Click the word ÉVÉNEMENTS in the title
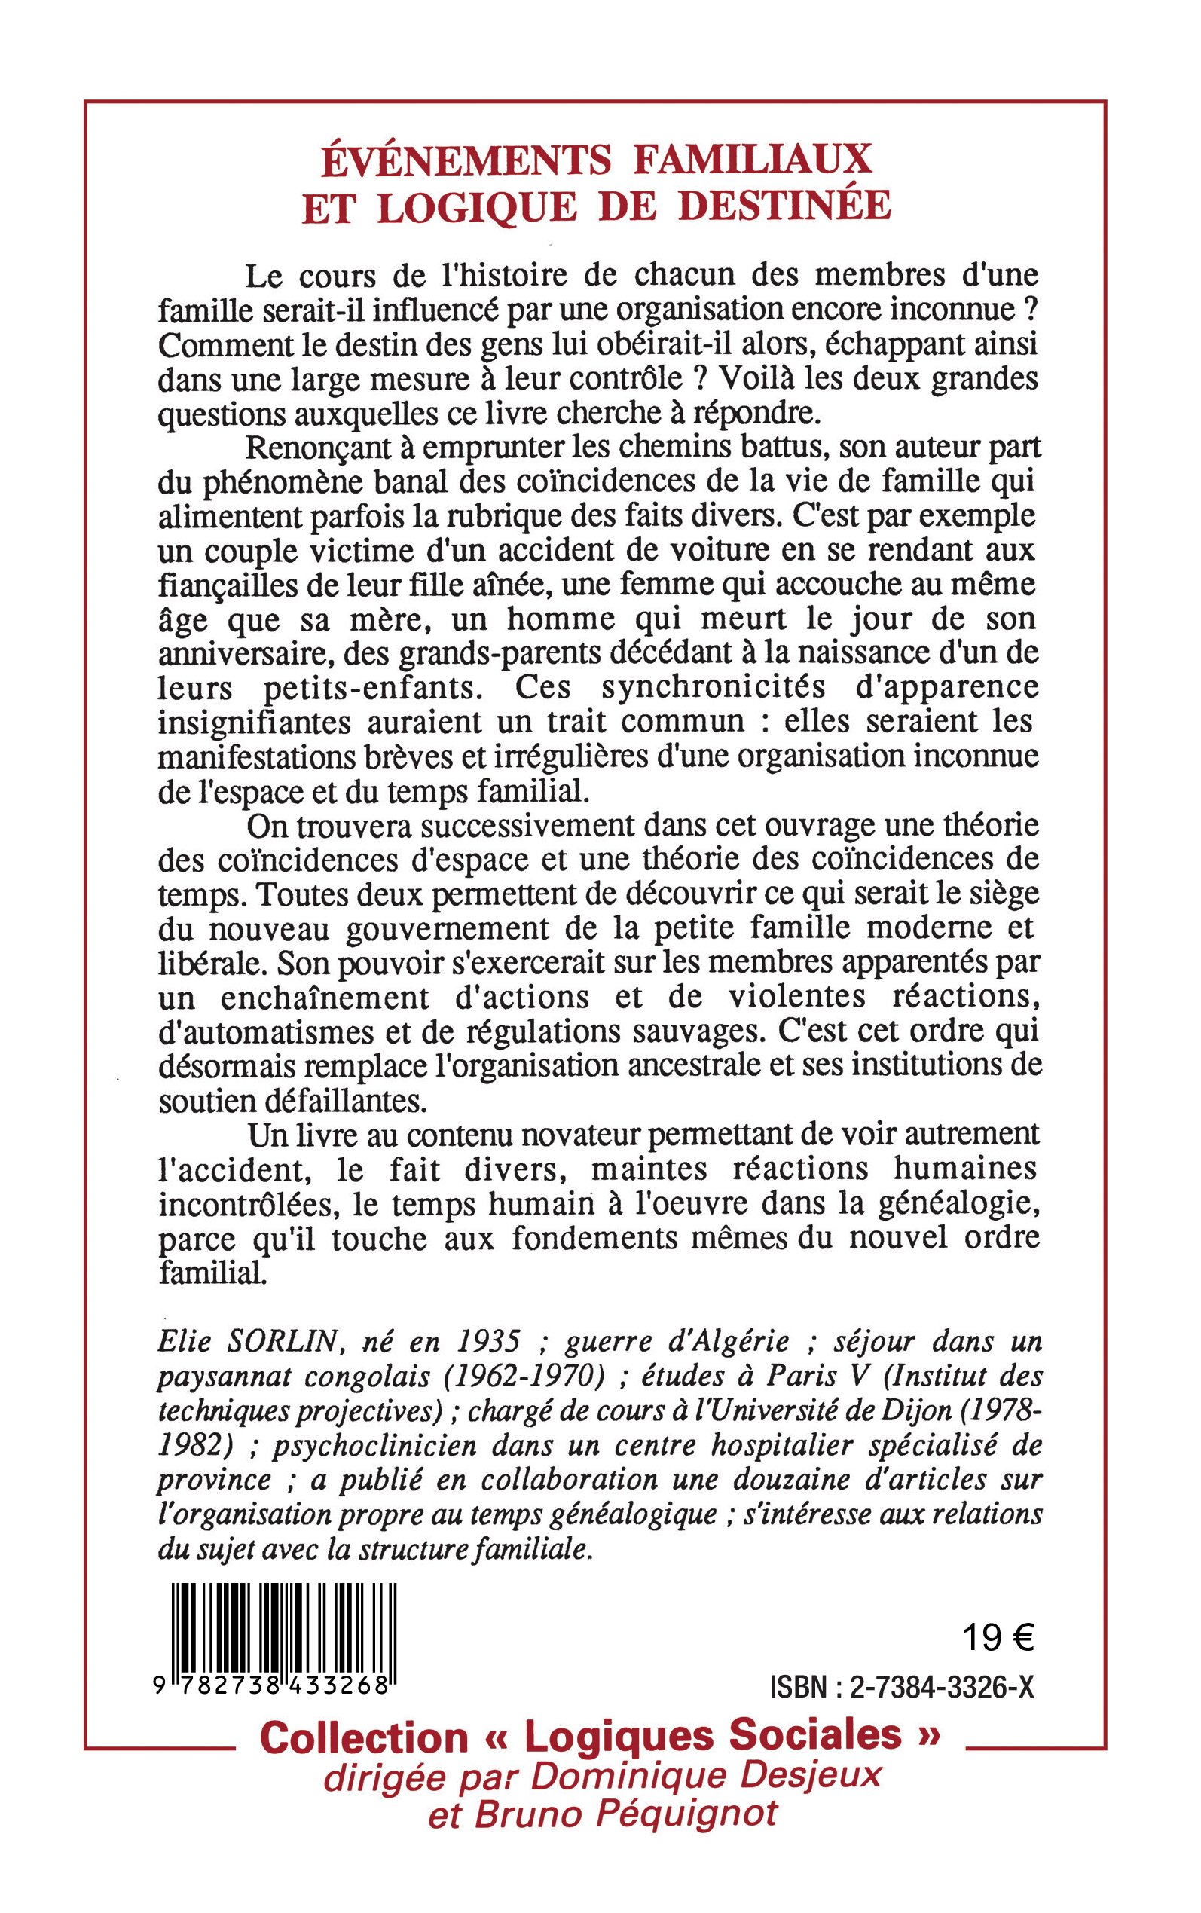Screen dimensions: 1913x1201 (466, 160)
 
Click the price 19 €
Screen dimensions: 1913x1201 (998, 1637)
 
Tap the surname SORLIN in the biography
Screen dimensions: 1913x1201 (284, 1342)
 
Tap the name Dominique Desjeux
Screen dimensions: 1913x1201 (705, 1775)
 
